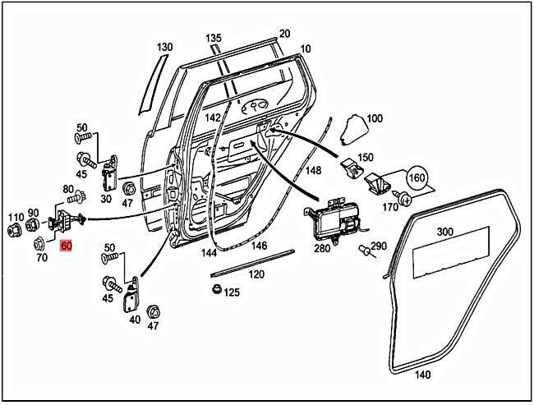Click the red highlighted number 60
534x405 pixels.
pyautogui.click(x=67, y=244)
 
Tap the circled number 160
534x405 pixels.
pyautogui.click(x=417, y=177)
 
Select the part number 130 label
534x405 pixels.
pyautogui.click(x=165, y=47)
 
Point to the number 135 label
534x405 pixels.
pyautogui.click(x=214, y=39)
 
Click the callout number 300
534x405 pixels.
pyautogui.click(x=445, y=232)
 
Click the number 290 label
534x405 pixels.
pyautogui.click(x=378, y=246)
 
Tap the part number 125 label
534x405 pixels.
pyautogui.click(x=232, y=292)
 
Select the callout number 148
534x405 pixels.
pyautogui.click(x=313, y=171)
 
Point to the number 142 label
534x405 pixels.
pyautogui.click(x=213, y=118)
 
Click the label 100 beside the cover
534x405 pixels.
pyautogui.click(x=375, y=119)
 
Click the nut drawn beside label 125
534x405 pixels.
pyautogui.click(x=215, y=289)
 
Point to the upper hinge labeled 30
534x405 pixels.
pyautogui.click(x=107, y=172)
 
